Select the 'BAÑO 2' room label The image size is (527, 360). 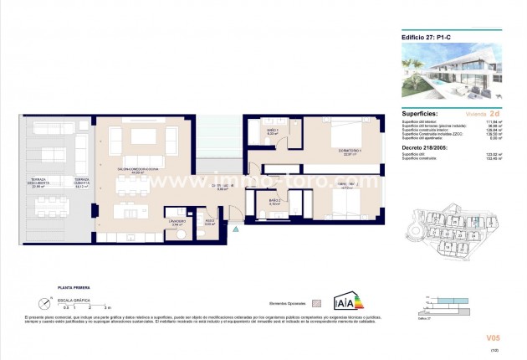point(274,201)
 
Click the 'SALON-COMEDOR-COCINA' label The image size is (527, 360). point(134,171)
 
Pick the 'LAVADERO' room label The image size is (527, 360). point(177,222)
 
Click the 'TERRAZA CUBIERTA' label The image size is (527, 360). point(81,183)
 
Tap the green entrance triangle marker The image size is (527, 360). point(236,228)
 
